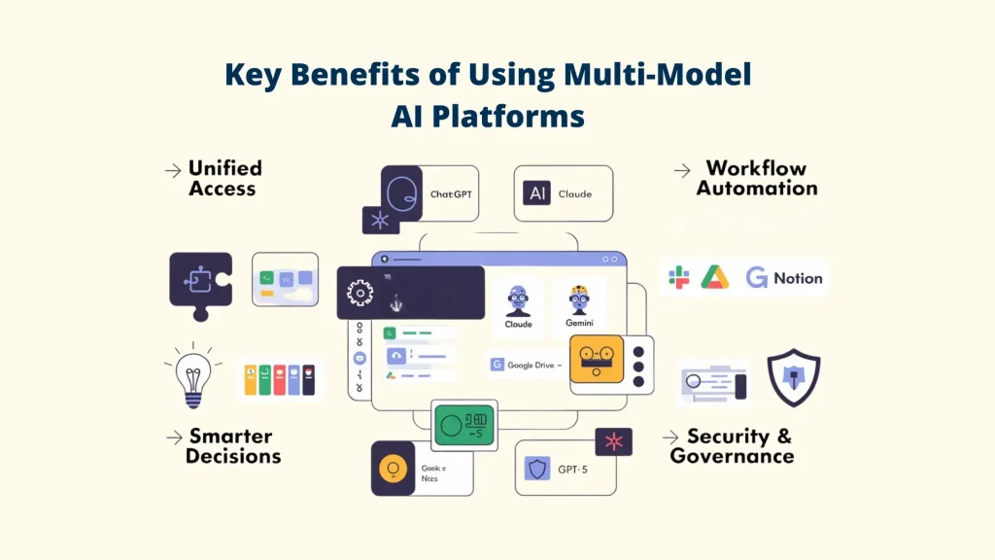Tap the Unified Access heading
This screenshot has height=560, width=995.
click(x=223, y=178)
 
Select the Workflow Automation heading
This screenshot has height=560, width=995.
click(x=756, y=178)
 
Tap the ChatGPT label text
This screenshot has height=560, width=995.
click(x=451, y=193)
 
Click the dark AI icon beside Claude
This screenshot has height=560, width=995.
click(x=536, y=193)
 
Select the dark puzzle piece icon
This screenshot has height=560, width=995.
click(x=200, y=283)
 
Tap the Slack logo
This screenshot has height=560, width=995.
click(x=679, y=278)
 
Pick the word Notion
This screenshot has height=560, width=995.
click(x=798, y=278)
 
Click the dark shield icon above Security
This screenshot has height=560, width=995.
click(x=793, y=376)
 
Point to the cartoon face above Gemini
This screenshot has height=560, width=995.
click(x=579, y=297)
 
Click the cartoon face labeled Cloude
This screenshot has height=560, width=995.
click(x=518, y=298)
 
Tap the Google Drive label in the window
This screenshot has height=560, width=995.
click(x=530, y=365)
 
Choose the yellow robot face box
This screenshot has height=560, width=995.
click(x=594, y=359)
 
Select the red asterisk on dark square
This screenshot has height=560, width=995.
click(x=613, y=442)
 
